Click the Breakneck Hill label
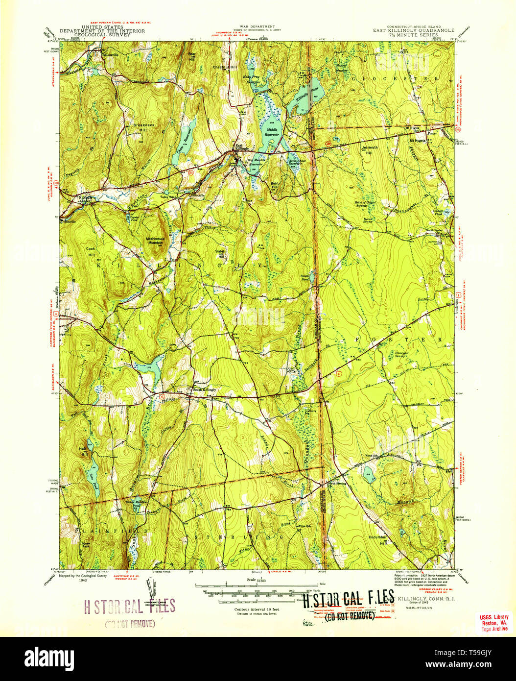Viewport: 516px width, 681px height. click(144, 127)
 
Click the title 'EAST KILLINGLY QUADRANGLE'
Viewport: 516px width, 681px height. click(414, 30)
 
